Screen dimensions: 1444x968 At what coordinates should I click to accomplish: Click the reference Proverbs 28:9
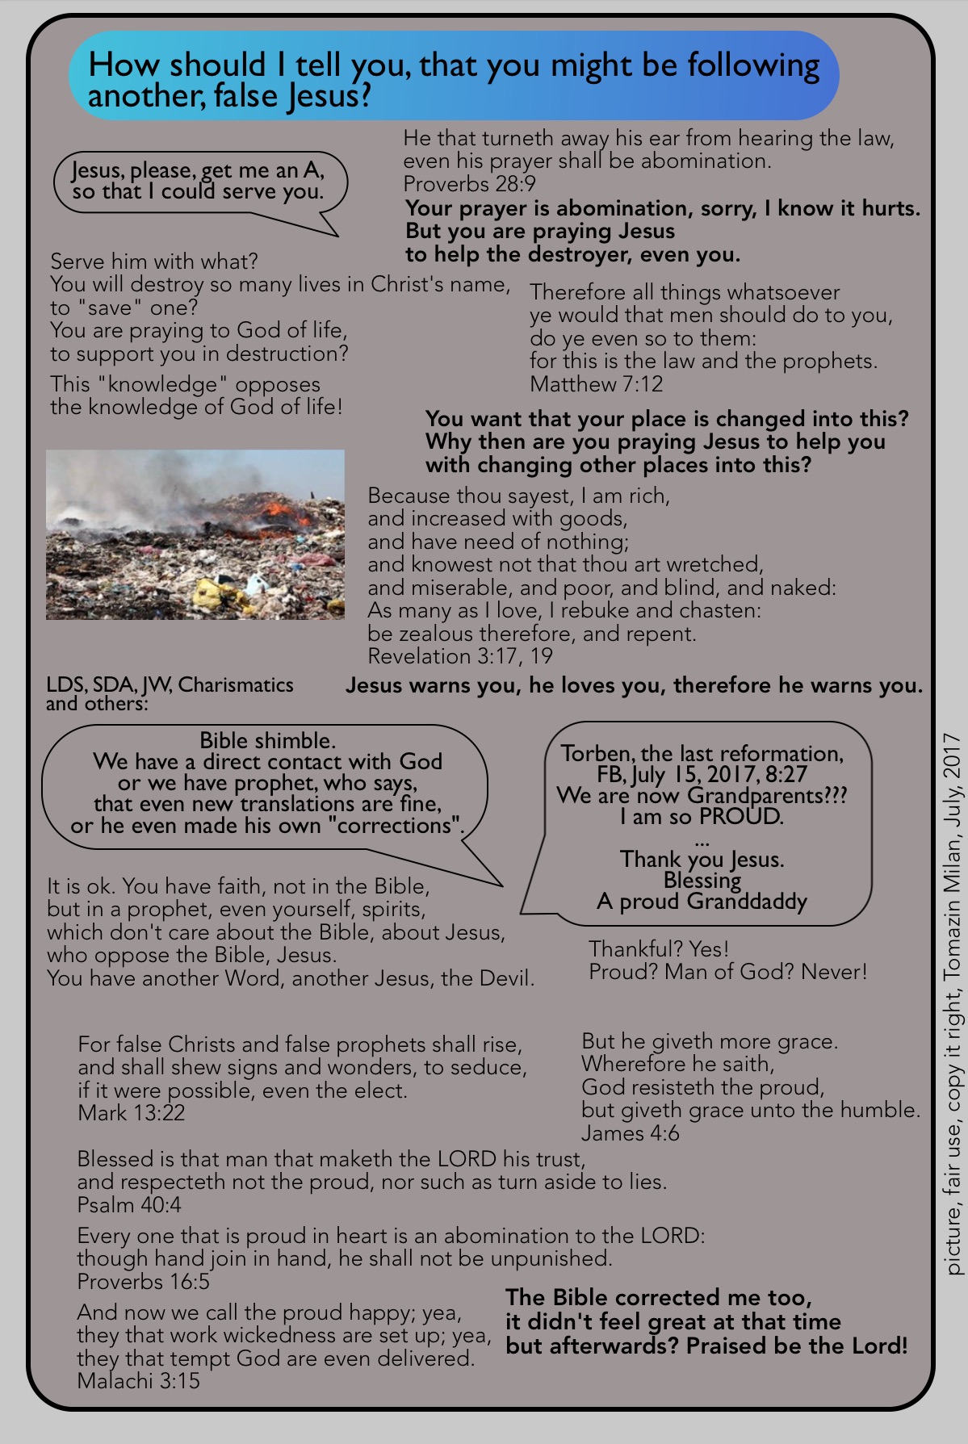[469, 184]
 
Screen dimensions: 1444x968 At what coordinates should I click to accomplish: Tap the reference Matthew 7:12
[596, 384]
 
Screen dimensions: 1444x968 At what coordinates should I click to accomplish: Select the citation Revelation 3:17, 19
[459, 656]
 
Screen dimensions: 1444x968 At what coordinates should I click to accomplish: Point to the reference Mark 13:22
[131, 1113]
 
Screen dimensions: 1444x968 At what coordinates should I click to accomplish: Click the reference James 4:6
[630, 1133]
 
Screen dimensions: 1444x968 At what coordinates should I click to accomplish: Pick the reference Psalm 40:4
[129, 1205]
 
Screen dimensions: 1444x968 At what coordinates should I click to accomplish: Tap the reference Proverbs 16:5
[143, 1282]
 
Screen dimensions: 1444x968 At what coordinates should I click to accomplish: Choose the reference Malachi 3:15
[138, 1381]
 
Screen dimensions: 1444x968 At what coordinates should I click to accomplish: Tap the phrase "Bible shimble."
[267, 740]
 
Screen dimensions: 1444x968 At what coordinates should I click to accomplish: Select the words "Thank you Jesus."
[702, 859]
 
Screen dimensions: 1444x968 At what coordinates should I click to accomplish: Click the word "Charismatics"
[236, 684]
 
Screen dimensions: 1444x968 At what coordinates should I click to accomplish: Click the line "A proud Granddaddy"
[702, 902]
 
